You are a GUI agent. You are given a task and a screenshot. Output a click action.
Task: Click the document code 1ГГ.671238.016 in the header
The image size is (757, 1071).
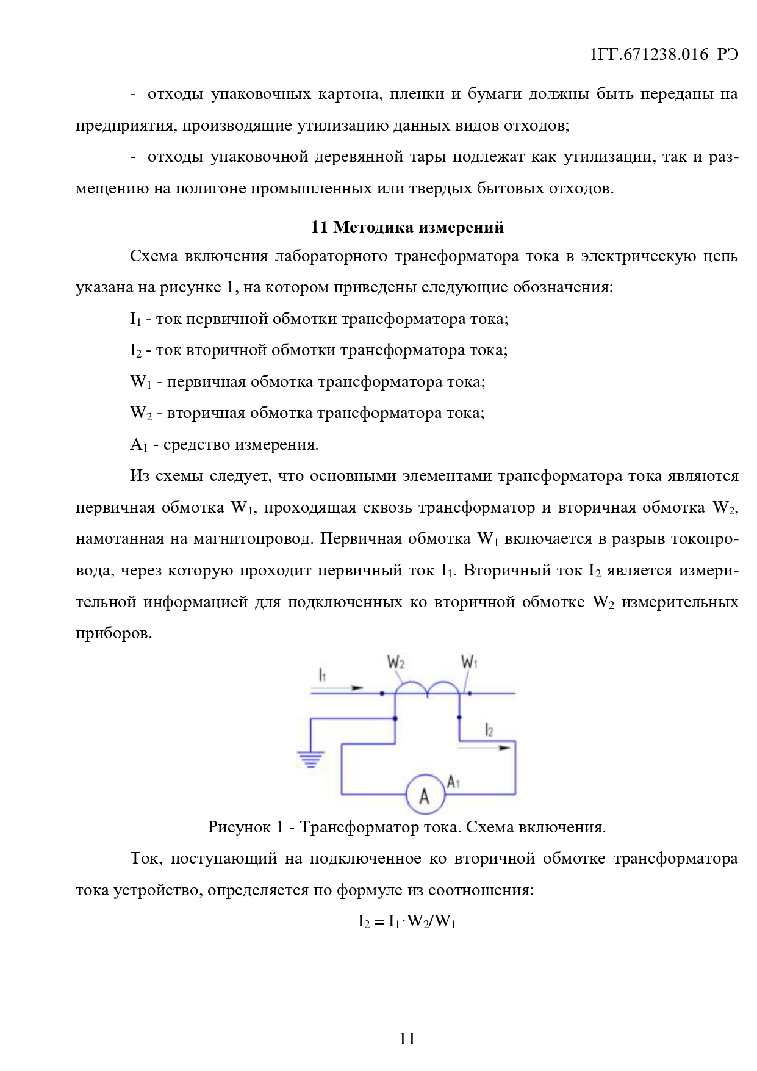[649, 54]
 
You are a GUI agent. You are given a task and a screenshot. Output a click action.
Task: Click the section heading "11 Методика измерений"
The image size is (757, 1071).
[407, 227]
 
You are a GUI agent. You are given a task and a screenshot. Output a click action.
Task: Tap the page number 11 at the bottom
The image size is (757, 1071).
[407, 1038]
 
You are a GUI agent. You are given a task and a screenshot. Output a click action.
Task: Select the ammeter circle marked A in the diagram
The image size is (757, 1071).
[425, 795]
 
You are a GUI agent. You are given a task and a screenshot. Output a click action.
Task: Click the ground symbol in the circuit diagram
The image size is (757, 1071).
[310, 760]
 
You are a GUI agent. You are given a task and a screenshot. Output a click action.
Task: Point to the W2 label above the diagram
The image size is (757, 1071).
[396, 663]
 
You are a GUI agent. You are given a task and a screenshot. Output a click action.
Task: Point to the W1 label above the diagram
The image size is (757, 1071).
[469, 662]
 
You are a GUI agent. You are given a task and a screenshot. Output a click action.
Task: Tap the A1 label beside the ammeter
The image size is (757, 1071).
[453, 782]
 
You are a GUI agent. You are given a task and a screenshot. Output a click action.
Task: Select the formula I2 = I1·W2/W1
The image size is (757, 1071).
[407, 921]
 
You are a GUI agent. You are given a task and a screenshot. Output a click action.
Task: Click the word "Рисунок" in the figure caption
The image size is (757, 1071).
[240, 827]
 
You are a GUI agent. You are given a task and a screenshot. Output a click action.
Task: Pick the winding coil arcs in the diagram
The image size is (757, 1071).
[427, 689]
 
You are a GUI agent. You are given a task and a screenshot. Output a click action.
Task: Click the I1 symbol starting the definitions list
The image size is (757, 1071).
[135, 319]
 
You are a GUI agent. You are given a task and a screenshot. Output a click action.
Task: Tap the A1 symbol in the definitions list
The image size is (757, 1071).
[138, 445]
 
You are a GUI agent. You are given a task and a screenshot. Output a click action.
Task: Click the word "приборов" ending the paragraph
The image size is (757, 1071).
[113, 633]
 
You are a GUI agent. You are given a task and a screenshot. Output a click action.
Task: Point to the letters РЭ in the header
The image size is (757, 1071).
[728, 54]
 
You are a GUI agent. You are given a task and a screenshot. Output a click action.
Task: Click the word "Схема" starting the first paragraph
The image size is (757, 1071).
[154, 256]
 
